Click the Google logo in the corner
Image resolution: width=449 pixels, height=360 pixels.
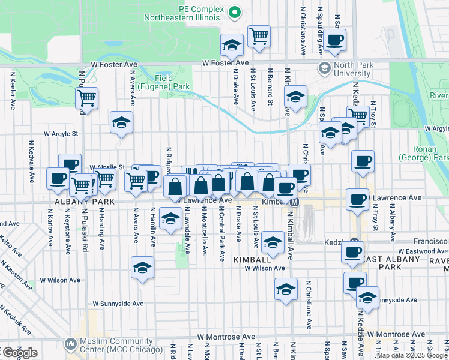(20, 353)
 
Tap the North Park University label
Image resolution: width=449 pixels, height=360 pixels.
(354, 69)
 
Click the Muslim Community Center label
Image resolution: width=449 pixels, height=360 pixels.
(121, 346)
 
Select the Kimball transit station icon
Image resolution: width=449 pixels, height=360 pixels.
(295, 203)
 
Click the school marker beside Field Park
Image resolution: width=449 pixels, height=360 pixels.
(121, 122)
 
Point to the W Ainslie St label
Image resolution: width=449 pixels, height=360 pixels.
(107, 167)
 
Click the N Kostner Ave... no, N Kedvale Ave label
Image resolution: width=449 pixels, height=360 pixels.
(30, 162)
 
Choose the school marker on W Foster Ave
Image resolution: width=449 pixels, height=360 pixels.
(231, 45)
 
